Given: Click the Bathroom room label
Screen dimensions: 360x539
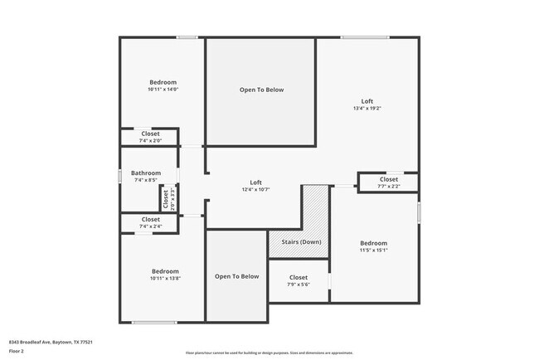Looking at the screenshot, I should [146, 173].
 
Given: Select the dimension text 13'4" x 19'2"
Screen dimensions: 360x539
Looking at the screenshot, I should [367, 109].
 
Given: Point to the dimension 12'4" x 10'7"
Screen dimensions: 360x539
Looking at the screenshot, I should [256, 189].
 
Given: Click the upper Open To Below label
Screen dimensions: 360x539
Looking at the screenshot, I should [261, 90].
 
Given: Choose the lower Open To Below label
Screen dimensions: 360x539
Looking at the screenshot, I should [237, 276].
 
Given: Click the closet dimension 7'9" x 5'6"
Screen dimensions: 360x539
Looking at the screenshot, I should [299, 285].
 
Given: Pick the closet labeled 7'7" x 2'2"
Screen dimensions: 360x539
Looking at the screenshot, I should [388, 187].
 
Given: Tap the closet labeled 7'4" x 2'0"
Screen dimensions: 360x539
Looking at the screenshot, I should [150, 141].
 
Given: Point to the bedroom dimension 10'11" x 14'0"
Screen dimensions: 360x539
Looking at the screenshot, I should [163, 90].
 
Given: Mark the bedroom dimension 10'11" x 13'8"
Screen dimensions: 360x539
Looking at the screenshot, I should [164, 279].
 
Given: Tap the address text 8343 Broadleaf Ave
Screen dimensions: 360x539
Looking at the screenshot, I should [50, 342].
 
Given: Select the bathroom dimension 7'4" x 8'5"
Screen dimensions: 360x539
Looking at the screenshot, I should [146, 180].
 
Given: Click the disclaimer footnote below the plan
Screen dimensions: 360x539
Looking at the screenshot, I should [269, 353].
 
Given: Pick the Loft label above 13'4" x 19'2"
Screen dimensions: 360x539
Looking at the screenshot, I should [367, 101].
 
